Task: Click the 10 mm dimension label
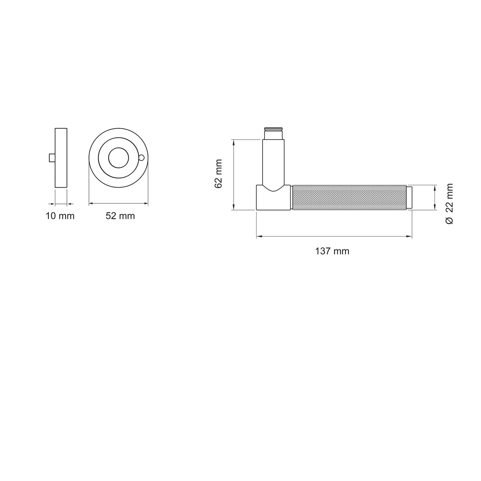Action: [60, 216]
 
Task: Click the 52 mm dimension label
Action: [120, 216]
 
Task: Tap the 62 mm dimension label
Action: [218, 174]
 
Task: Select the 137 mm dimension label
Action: [332, 251]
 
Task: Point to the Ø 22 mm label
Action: [449, 204]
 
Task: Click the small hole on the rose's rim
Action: [141, 158]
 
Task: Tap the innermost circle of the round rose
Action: [119, 158]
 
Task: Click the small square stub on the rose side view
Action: [52, 158]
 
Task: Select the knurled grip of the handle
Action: [350, 198]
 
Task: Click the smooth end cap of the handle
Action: [409, 198]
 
